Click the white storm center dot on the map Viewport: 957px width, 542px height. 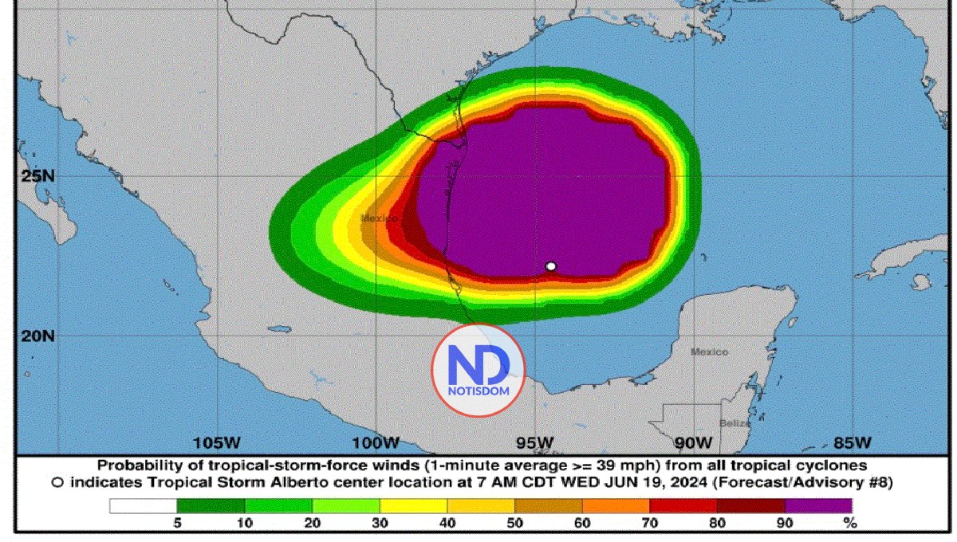(x=550, y=266)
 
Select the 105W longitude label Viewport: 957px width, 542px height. (x=218, y=442)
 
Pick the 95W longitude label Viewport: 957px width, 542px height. (x=535, y=442)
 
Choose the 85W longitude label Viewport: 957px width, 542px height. (x=853, y=442)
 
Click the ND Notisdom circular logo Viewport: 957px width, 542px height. (x=478, y=370)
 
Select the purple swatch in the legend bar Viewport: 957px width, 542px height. (x=818, y=505)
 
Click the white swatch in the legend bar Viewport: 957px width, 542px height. (x=143, y=505)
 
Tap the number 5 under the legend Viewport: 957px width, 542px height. (x=177, y=524)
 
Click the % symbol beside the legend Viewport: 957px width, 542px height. (x=851, y=524)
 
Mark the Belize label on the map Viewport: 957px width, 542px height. (x=734, y=423)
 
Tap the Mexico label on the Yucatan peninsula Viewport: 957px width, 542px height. (x=709, y=352)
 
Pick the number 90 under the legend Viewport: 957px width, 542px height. (x=785, y=524)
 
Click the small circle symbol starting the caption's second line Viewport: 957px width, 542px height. (x=57, y=482)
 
